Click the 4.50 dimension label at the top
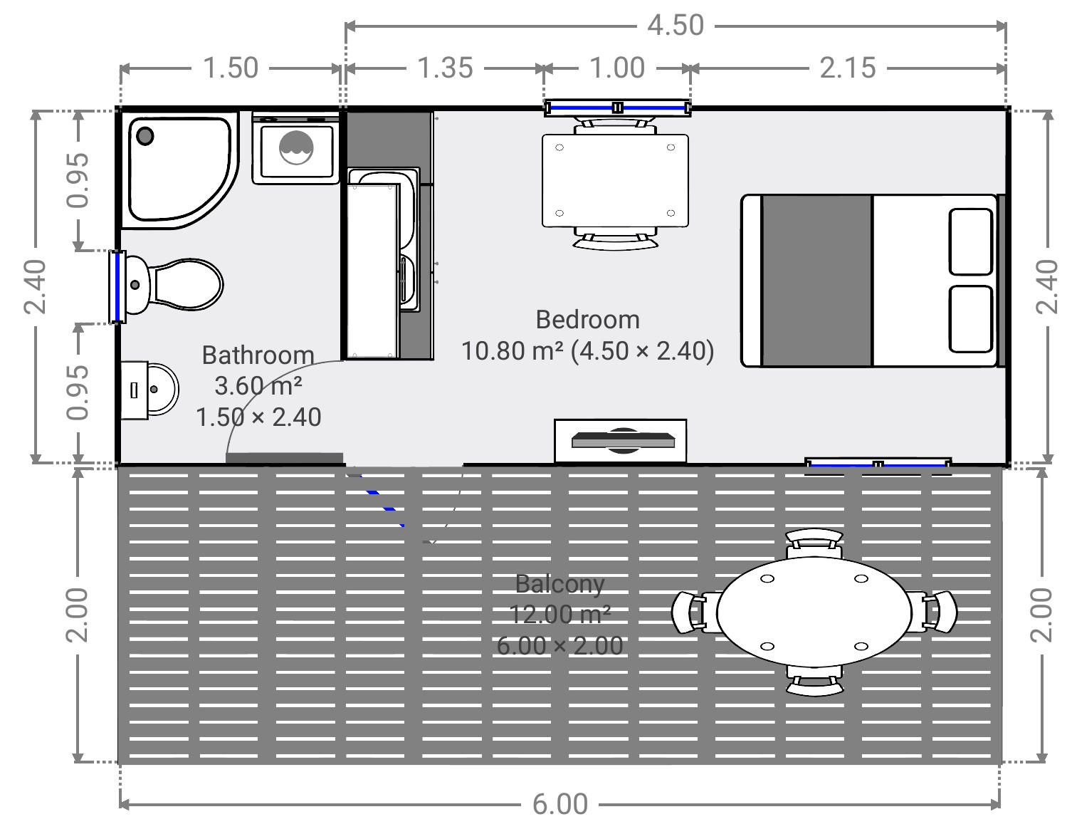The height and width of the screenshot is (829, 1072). coord(675,26)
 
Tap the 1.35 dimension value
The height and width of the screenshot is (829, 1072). coord(445,68)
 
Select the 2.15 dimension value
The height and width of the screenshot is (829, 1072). coord(848,68)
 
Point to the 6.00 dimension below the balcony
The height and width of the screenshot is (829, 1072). coord(560,804)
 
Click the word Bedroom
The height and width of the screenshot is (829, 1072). coord(587,320)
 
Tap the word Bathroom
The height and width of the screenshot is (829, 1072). coord(258,355)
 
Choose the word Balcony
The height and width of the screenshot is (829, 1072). coord(560,584)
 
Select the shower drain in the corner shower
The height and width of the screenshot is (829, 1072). coord(145,136)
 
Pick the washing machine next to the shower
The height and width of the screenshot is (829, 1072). coord(296,148)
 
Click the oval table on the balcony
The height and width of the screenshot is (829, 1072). coord(814,613)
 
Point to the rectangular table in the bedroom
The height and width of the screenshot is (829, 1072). coord(615,181)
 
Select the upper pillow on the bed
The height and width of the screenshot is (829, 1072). coord(970,241)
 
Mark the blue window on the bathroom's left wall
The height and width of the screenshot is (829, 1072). coord(117,287)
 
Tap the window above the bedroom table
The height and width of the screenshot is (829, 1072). coord(616,108)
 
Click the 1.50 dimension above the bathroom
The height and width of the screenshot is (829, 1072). coord(231,68)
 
